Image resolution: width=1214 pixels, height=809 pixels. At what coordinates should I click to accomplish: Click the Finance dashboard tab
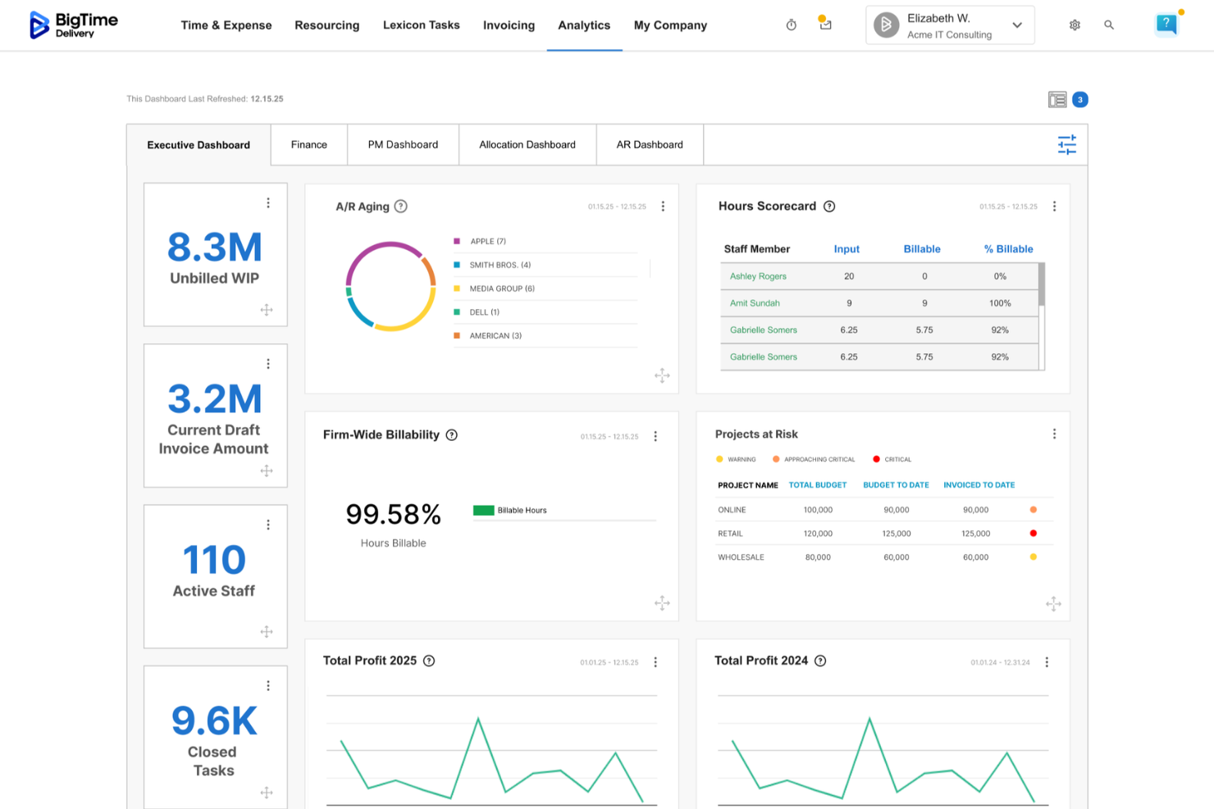[x=308, y=145]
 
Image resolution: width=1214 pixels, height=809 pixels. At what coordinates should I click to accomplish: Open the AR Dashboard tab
[x=650, y=145]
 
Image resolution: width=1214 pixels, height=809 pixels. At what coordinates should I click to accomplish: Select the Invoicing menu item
[x=509, y=25]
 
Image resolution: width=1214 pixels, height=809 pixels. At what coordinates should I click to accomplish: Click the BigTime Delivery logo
[x=74, y=25]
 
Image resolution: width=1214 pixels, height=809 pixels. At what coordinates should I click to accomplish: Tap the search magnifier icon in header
[x=1109, y=25]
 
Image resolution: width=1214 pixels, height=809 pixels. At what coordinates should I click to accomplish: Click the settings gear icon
[x=1075, y=25]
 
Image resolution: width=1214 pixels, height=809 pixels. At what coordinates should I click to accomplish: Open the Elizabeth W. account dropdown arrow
[x=1017, y=25]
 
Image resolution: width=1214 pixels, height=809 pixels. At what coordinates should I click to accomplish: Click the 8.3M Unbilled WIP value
[x=214, y=248]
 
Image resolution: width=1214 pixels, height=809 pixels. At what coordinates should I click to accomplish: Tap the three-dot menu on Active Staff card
[x=268, y=525]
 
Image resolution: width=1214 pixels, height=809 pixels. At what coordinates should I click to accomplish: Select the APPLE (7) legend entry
[x=488, y=242]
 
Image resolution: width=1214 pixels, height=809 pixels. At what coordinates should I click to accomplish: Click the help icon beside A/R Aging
[x=401, y=207]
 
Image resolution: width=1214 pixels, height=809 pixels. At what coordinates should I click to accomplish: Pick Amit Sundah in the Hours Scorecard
[x=755, y=303]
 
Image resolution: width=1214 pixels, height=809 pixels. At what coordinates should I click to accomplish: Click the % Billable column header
[x=1008, y=249]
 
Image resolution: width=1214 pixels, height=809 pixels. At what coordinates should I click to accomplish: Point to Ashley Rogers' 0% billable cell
[x=1000, y=276]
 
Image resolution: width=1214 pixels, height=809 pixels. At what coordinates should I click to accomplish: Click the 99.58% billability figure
[x=393, y=515]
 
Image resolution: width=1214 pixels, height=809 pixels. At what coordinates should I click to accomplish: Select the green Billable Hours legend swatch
[x=483, y=511]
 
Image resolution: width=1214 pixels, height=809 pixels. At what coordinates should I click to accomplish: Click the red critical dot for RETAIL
[x=1033, y=534]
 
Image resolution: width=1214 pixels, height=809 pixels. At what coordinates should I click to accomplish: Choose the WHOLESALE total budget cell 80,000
[x=818, y=557]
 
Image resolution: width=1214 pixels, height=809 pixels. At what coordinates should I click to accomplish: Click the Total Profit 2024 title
[x=761, y=661]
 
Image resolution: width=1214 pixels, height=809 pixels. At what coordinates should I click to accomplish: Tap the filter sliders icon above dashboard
[x=1066, y=145]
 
